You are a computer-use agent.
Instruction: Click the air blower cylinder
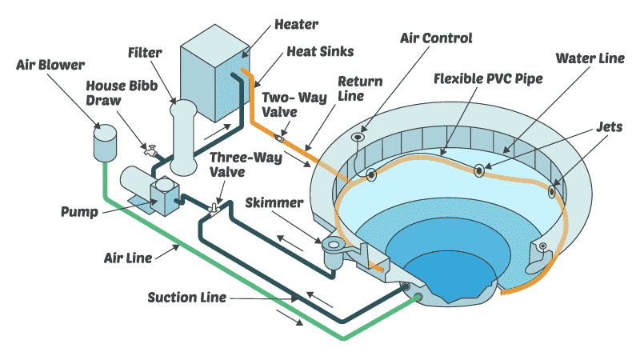[105, 143]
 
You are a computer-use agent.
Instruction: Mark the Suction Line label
[186, 298]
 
